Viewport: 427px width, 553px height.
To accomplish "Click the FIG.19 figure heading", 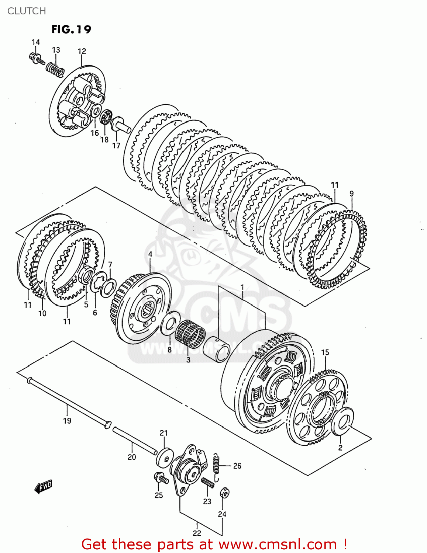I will pos(71,29).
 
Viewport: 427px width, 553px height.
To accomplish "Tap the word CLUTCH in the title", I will pos(27,11).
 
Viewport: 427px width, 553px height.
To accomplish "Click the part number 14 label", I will pos(35,42).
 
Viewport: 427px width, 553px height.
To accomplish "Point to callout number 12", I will pos(82,52).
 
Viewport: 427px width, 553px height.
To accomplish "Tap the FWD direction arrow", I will pos(43,487).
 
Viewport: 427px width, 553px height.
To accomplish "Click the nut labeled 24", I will pos(224,493).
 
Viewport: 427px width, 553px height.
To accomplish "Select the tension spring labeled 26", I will pos(217,467).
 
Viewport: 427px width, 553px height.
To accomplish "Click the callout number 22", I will pos(197,533).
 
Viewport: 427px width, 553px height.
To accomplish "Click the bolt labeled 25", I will pos(161,478).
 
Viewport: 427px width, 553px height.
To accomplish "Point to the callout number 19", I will pos(67,421).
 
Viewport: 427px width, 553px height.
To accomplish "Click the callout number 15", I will pos(325,352).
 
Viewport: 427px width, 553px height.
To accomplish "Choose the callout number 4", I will pos(150,254).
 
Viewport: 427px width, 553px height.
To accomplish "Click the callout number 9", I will pos(351,194).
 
